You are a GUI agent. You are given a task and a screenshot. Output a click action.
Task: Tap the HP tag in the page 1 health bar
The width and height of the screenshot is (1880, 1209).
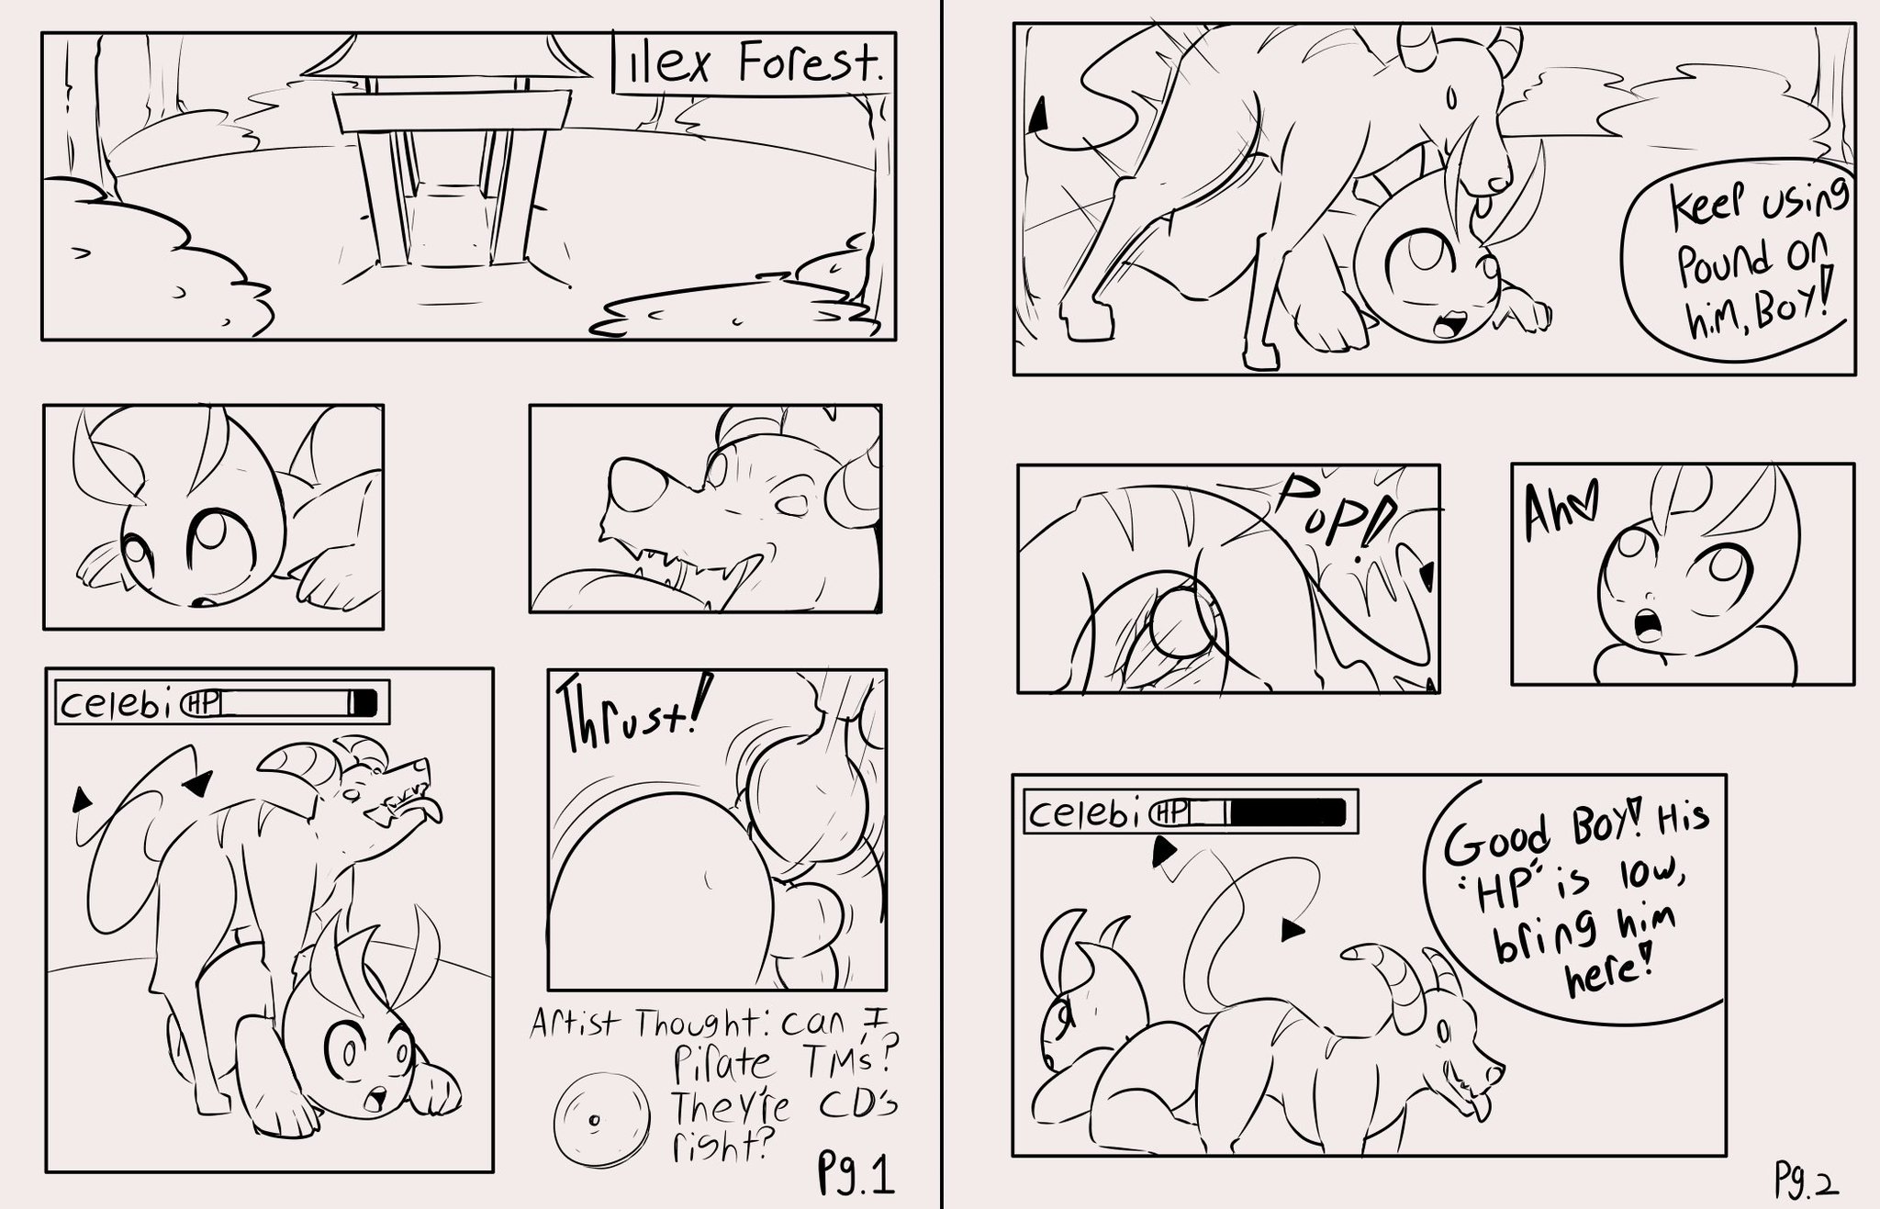pos(203,702)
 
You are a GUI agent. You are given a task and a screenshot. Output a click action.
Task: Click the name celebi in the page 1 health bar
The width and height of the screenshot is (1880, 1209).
pos(120,703)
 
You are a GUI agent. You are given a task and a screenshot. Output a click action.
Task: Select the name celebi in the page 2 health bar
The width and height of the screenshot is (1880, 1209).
pos(1090,812)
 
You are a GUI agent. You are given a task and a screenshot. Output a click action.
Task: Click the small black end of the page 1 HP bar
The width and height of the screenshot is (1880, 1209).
pos(365,702)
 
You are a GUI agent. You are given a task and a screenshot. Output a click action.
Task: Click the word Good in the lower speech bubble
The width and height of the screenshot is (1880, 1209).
pos(1496,838)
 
